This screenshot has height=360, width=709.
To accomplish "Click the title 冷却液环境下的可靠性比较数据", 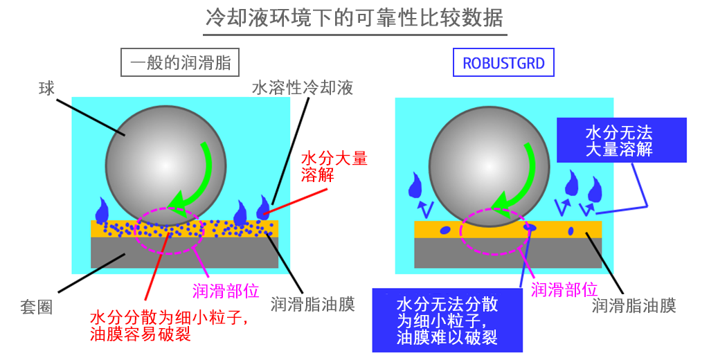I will (354, 18).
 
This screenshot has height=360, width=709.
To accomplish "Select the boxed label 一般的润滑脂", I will (180, 62).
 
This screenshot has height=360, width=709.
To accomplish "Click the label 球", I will (46, 89).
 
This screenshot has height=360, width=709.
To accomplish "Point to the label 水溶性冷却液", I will (302, 88).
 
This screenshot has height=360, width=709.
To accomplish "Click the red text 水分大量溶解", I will (334, 166).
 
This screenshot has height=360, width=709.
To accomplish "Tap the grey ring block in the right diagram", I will (508, 253).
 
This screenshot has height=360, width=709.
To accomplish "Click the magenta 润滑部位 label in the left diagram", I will (226, 291).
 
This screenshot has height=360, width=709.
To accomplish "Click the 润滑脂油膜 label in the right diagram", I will (634, 305).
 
